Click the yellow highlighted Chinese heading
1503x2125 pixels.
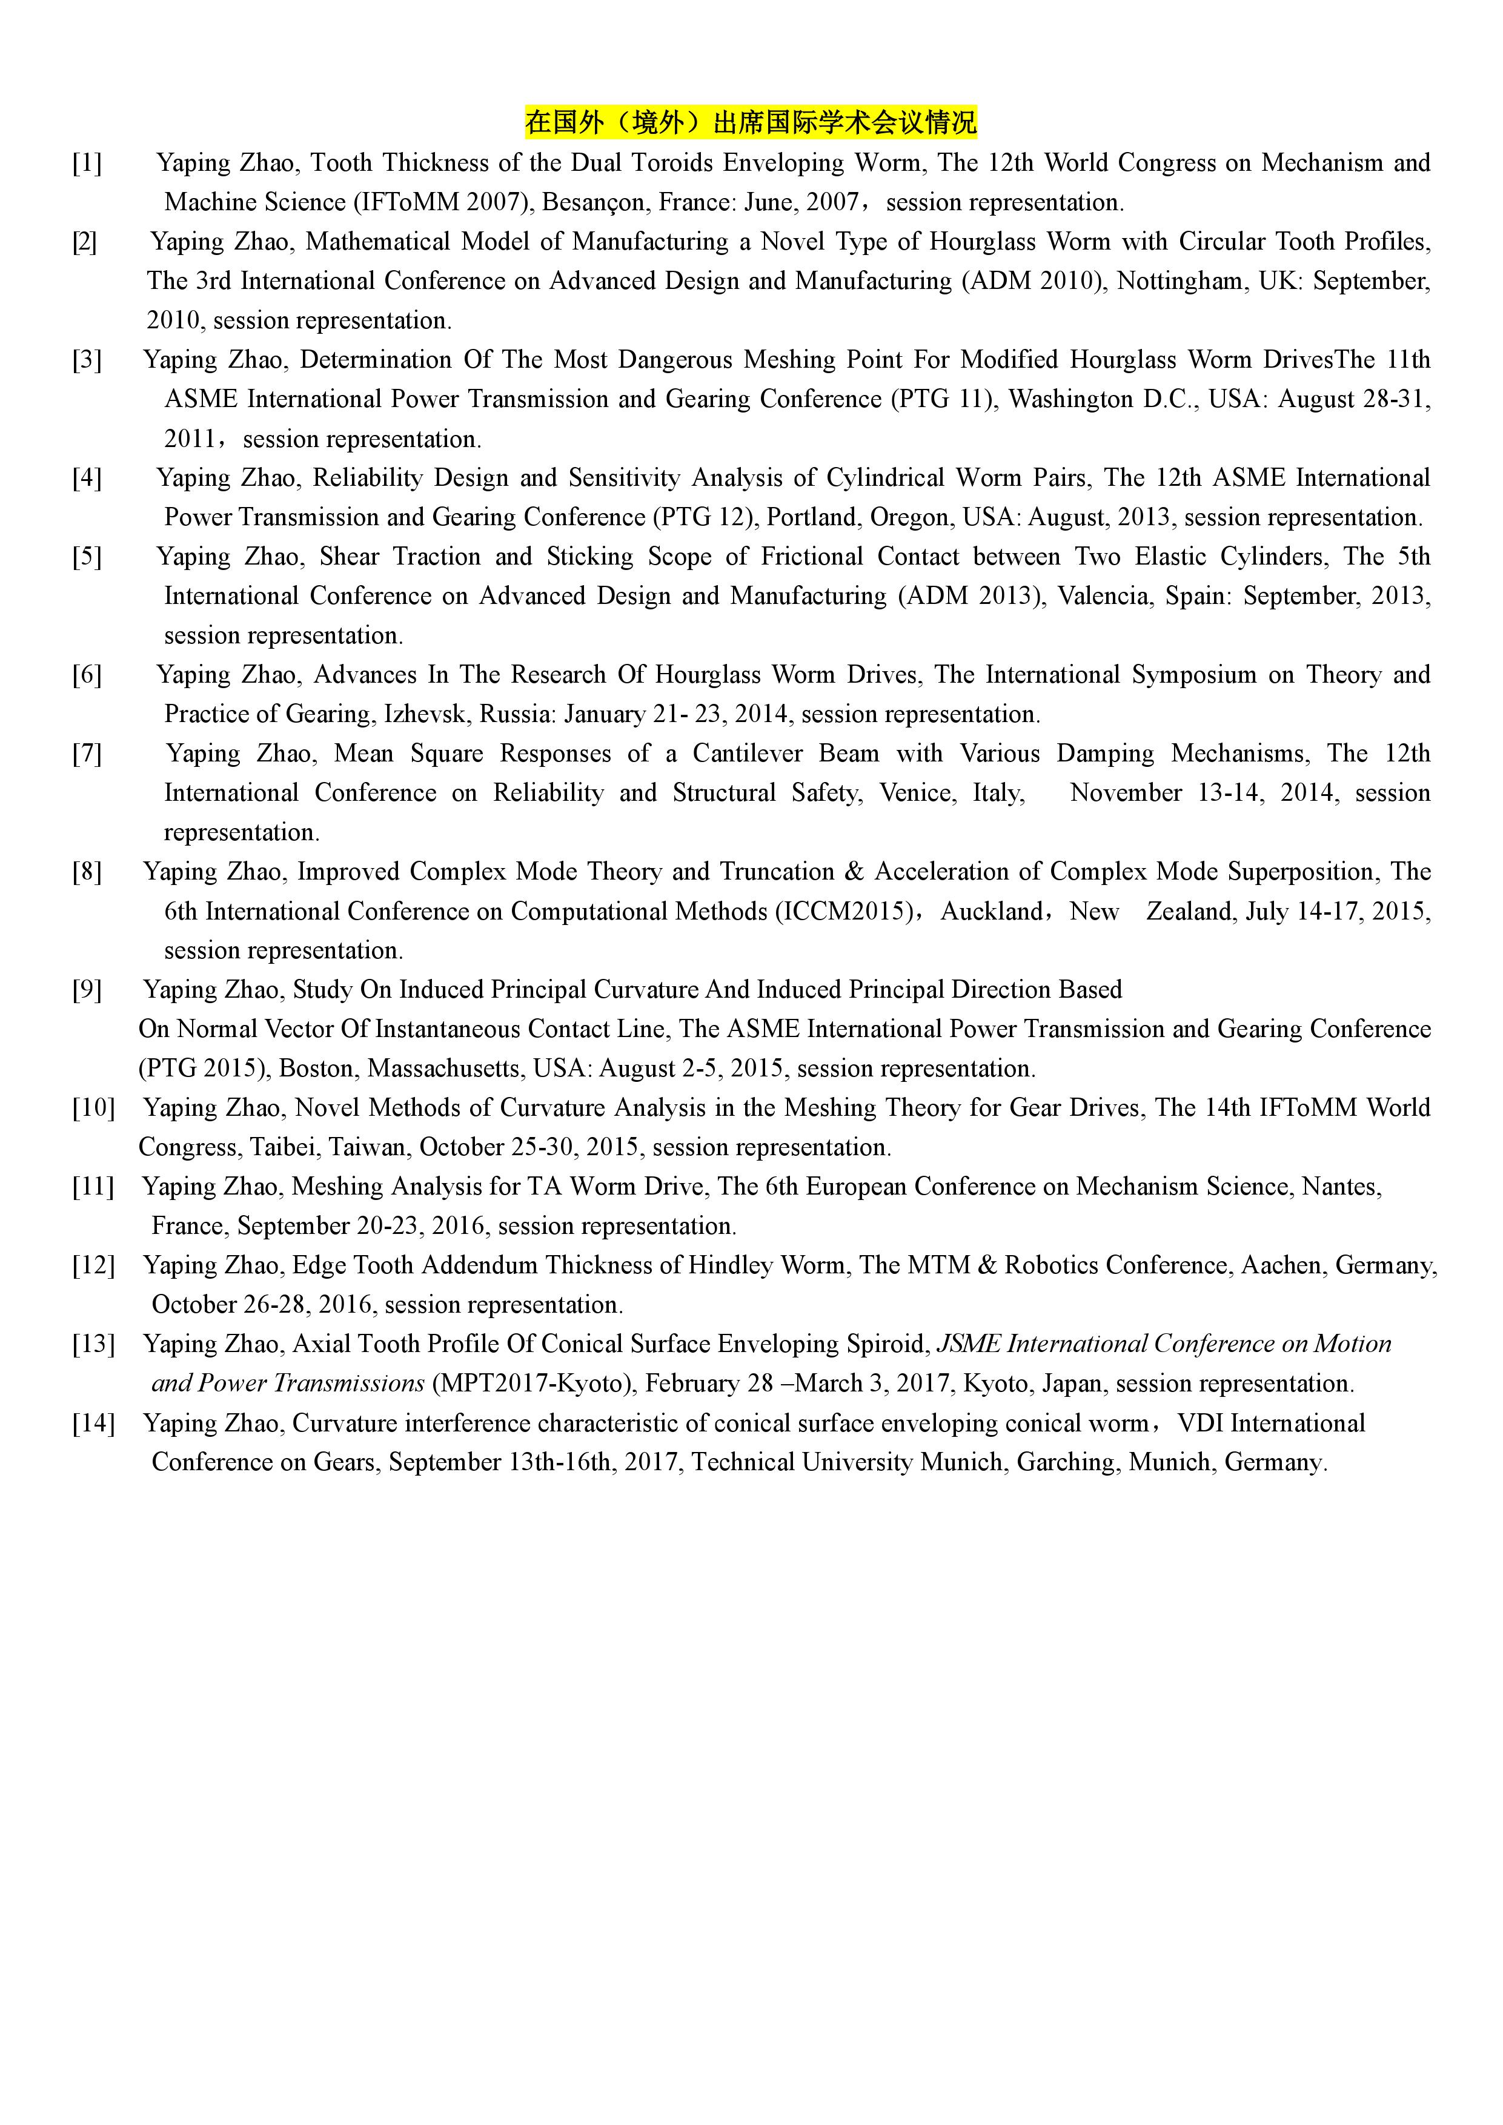tap(751, 122)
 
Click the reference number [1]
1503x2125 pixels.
tap(87, 164)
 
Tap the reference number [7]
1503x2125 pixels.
tap(87, 754)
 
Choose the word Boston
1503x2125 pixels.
tap(316, 1069)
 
